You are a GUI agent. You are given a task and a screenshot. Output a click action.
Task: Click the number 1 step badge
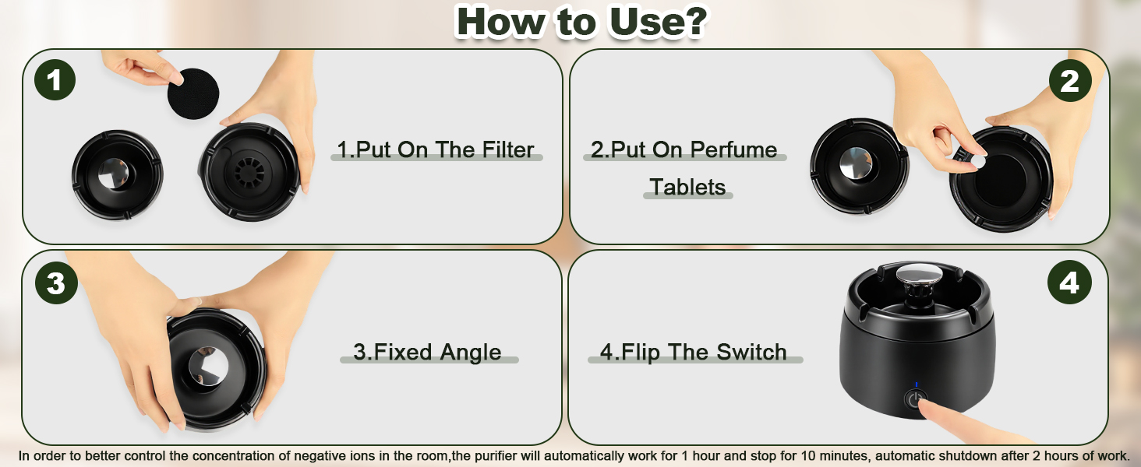pos(55,80)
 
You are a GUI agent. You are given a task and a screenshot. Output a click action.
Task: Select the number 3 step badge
pos(56,283)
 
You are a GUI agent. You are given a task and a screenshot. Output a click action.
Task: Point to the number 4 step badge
pos(1069,283)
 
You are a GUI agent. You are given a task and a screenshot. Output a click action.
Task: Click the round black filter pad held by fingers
pos(193,94)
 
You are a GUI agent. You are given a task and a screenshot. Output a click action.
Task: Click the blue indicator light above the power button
pos(917,385)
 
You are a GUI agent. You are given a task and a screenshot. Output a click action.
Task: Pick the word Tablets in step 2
pos(687,188)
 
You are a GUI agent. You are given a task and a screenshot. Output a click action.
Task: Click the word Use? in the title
pos(657,21)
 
